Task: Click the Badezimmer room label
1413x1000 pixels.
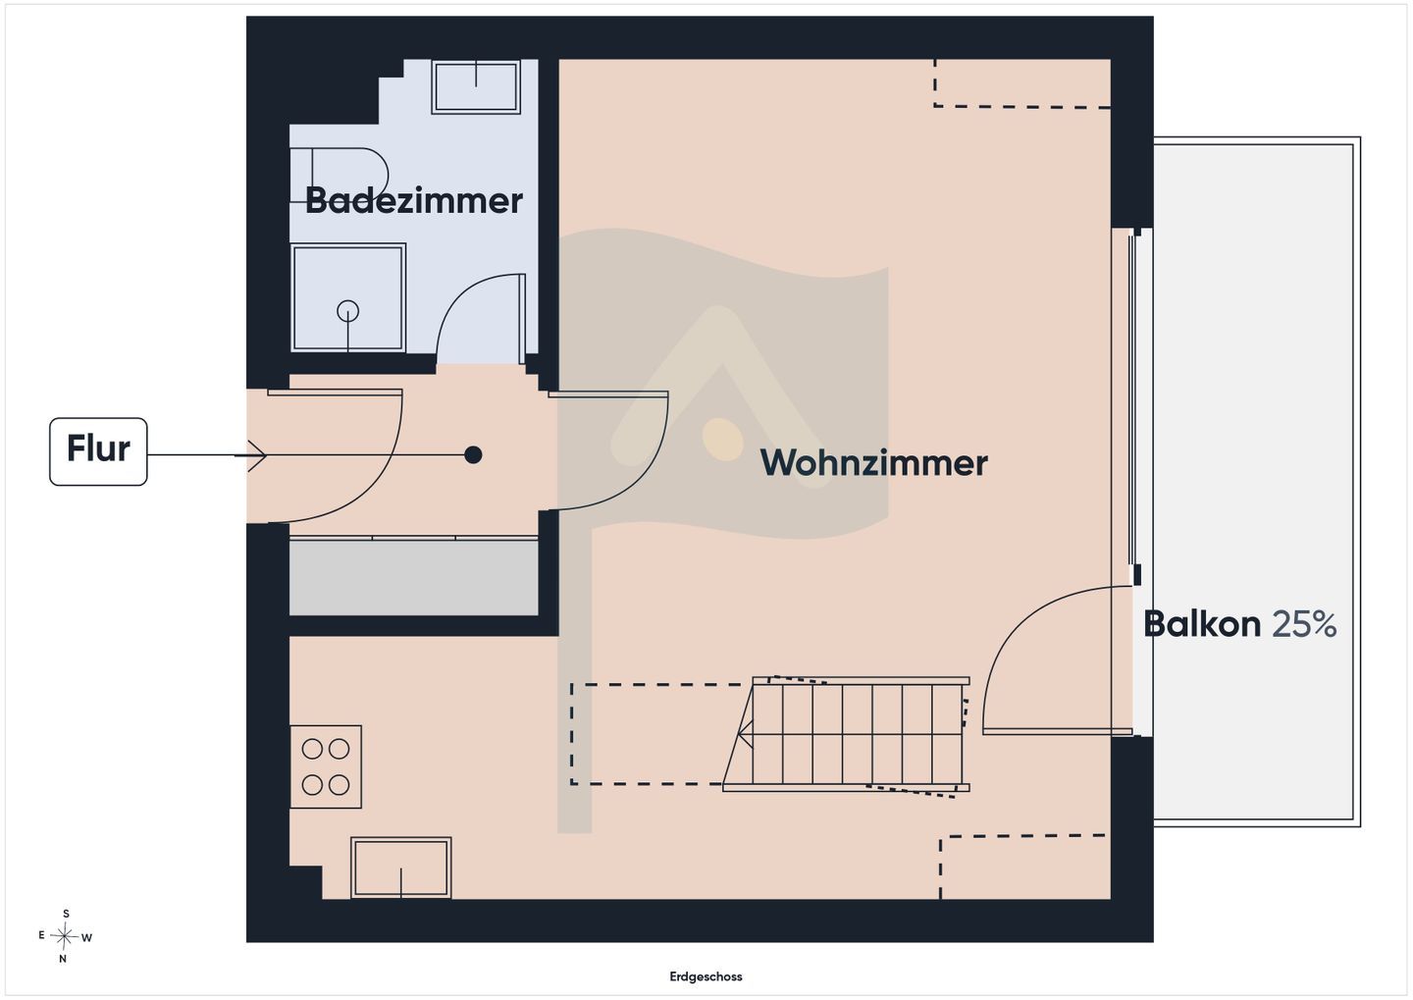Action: click(x=414, y=200)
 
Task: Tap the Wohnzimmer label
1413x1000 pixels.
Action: click(x=873, y=463)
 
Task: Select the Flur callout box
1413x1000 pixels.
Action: click(x=98, y=451)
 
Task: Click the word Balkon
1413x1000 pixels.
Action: click(x=1202, y=624)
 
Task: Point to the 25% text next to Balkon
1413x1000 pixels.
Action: click(x=1304, y=624)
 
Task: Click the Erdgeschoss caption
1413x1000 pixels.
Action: click(x=706, y=976)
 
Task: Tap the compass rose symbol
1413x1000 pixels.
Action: click(x=65, y=936)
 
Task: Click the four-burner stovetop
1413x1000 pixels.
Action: click(x=326, y=766)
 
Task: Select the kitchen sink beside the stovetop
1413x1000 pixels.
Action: click(x=401, y=868)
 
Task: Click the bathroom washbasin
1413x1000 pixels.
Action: click(x=476, y=86)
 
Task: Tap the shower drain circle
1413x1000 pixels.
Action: click(x=348, y=310)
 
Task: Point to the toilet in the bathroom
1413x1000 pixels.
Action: click(x=340, y=175)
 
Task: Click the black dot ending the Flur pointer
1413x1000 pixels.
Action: click(x=473, y=454)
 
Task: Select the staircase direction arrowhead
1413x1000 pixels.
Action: click(x=745, y=735)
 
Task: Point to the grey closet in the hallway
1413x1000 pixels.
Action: click(x=414, y=577)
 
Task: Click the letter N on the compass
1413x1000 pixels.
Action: click(x=63, y=959)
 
